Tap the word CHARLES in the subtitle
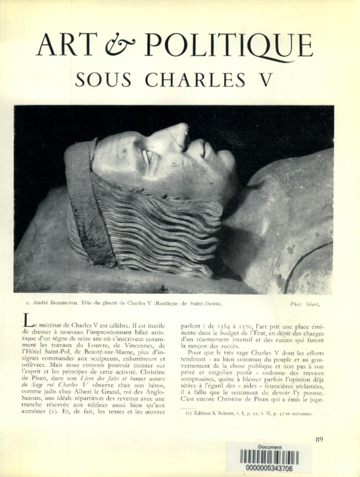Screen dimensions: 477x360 pos(197,79)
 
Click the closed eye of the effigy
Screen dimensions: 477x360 pos(148,157)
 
